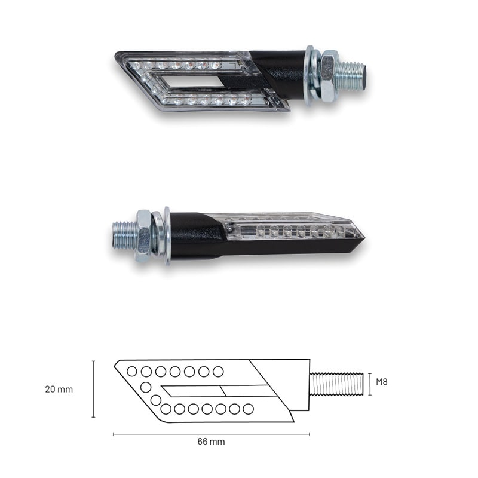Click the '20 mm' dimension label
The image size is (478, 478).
pyautogui.click(x=59, y=389)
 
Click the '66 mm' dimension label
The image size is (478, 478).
pyautogui.click(x=211, y=442)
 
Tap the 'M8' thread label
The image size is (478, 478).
pyautogui.click(x=382, y=381)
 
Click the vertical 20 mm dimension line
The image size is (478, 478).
pyautogui.click(x=93, y=389)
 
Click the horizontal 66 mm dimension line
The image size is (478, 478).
pyautogui.click(x=211, y=434)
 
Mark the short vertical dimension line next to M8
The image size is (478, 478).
pyautogui.click(x=370, y=383)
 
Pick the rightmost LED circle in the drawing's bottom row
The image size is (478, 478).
pyautogui.click(x=248, y=409)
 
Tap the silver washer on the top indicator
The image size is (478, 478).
pyautogui.click(x=310, y=74)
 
